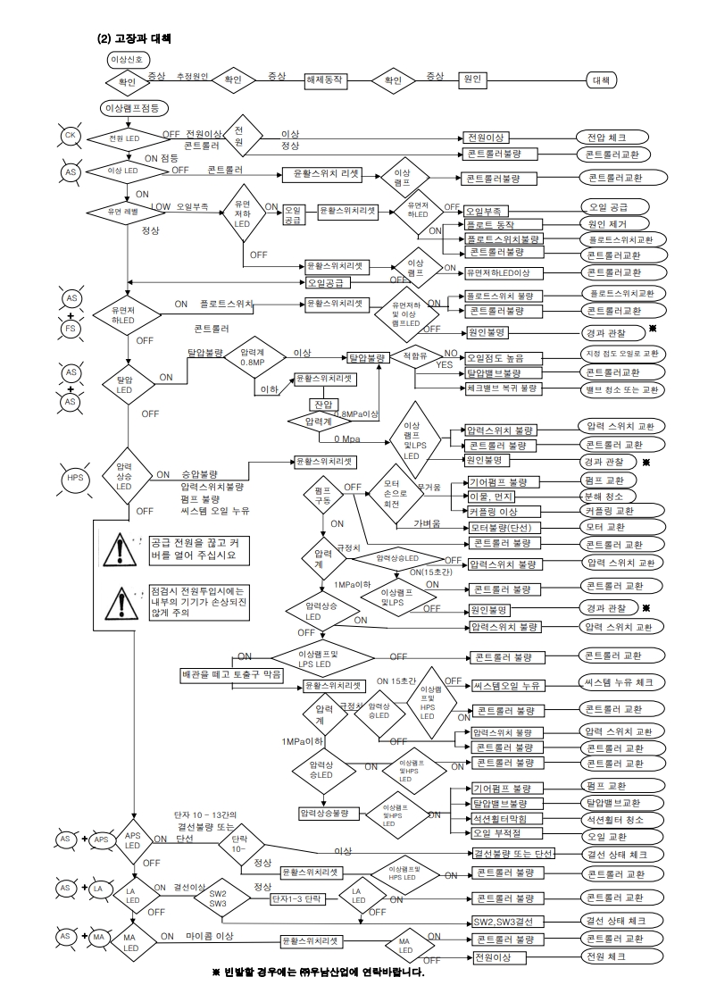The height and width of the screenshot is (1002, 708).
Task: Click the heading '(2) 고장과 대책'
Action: [133, 39]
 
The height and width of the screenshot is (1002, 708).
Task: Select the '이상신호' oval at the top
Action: [124, 59]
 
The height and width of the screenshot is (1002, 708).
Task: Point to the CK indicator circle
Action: [71, 136]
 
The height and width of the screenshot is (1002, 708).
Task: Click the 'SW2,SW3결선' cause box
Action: [509, 921]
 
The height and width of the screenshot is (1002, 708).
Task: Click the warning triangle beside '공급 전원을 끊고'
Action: [121, 551]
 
